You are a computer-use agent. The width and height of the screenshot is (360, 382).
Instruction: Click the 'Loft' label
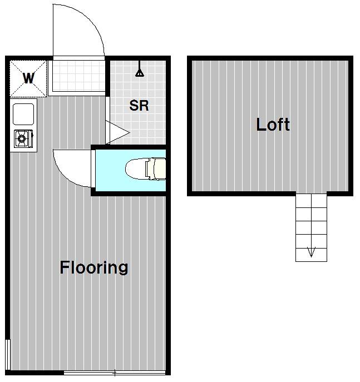[273, 125]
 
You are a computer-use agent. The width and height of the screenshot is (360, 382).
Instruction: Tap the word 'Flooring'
[94, 268]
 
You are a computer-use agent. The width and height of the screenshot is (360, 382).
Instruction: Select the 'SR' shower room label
[139, 106]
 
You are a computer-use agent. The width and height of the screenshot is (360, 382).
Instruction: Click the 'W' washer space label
[28, 78]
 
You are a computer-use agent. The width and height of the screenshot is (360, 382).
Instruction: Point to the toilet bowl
[136, 169]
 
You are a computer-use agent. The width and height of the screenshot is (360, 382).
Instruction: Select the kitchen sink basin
[23, 114]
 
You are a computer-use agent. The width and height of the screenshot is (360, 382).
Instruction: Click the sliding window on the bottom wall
[115, 373]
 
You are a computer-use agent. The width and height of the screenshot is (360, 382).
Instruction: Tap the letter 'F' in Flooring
[65, 267]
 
